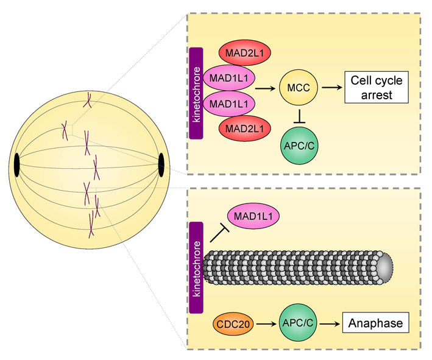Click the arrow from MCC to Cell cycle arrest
pyautogui.click(x=331, y=88)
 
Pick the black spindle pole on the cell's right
pyautogui.click(x=161, y=164)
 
